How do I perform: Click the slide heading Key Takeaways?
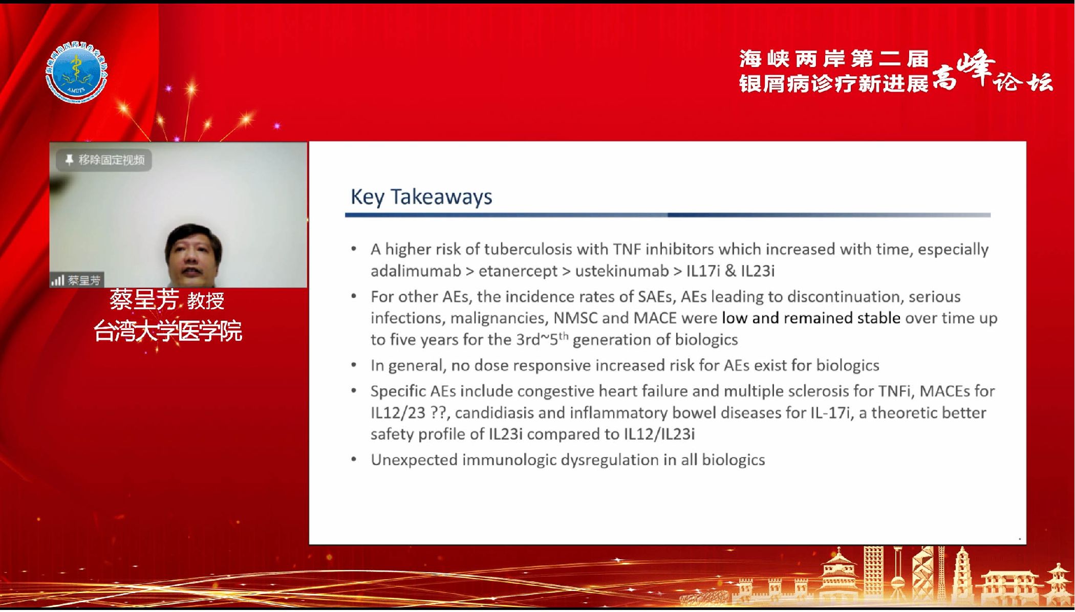tap(421, 197)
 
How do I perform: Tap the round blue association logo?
tap(77, 73)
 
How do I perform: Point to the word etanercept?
tap(518, 271)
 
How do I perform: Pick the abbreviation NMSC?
tap(575, 318)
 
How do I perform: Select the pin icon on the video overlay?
tap(69, 160)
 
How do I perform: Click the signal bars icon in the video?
tap(57, 280)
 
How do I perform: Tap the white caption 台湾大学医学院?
tap(168, 331)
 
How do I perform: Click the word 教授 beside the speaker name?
tap(206, 300)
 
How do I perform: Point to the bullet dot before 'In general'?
tap(354, 365)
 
